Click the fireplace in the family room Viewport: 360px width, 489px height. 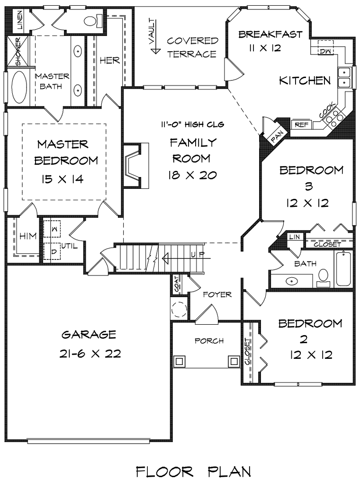click(136, 166)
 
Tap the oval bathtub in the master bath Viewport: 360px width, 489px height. click(19, 87)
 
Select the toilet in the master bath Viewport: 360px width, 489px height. click(93, 20)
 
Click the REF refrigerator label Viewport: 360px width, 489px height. click(302, 125)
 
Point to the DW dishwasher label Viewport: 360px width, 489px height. click(325, 51)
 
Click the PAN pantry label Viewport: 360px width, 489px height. click(277, 136)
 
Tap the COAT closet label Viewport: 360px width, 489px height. click(177, 284)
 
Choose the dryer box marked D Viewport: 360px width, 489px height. click(52, 251)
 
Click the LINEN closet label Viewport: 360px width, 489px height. click(19, 20)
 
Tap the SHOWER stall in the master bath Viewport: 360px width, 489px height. click(18, 52)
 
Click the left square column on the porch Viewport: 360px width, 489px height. click(180, 361)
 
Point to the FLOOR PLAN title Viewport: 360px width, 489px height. click(194, 472)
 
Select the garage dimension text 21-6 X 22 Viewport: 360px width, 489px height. click(90, 354)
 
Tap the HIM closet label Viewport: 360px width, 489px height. click(28, 236)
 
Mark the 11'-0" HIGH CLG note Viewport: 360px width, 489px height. click(192, 124)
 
